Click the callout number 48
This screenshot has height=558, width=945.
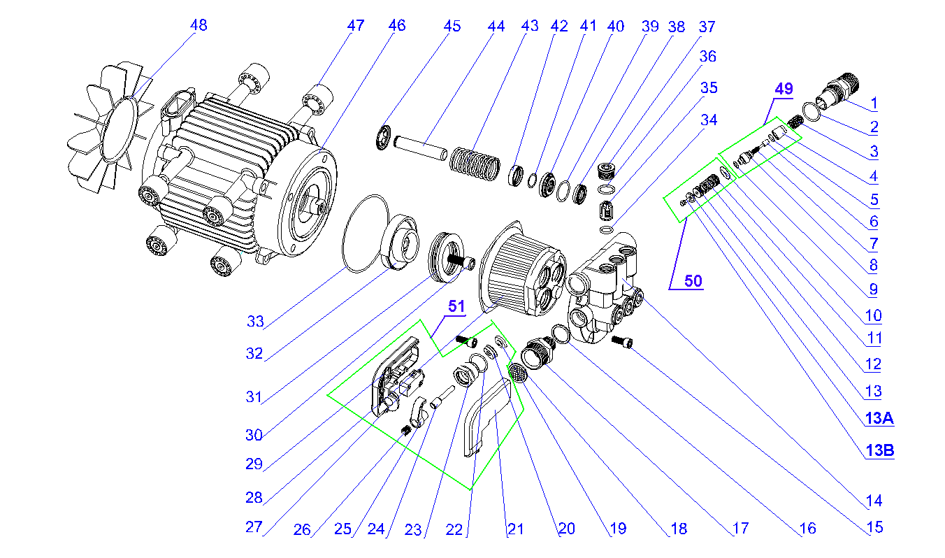tap(199, 25)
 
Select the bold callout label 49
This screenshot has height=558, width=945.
tap(784, 89)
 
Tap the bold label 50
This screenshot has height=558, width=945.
tap(693, 281)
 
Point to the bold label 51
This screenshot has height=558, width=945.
tap(456, 307)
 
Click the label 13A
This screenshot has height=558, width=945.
tap(879, 419)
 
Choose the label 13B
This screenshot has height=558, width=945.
tap(879, 451)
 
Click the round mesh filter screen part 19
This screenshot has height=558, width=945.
tap(518, 373)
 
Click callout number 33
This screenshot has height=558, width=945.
tap(255, 322)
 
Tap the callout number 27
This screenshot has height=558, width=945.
tap(253, 527)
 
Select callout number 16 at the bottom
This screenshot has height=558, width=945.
tap(807, 529)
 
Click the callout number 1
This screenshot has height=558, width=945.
tap(873, 103)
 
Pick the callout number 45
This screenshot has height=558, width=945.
tap(452, 27)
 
